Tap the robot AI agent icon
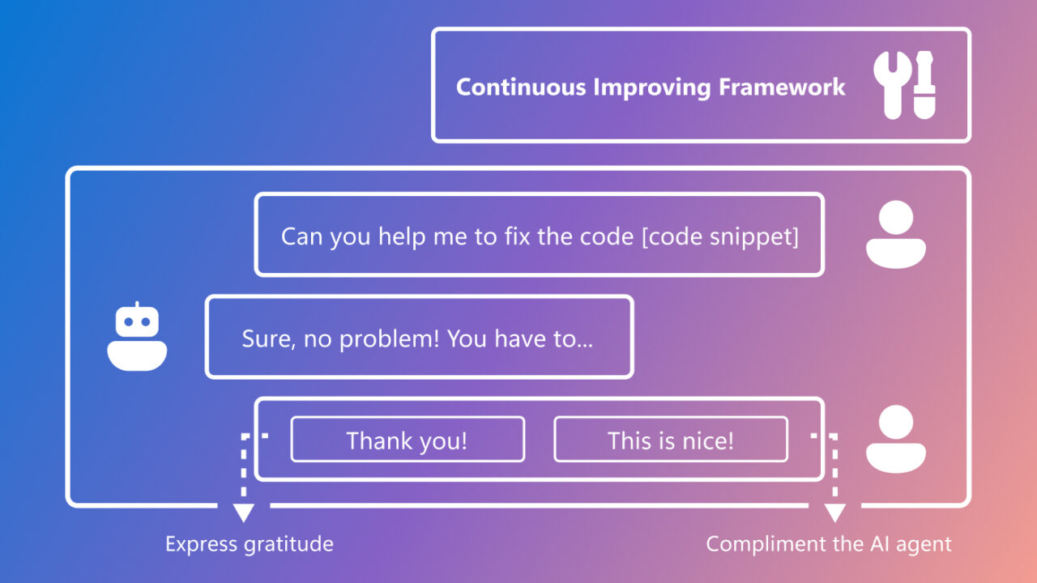coord(137,338)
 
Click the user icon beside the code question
coord(895,234)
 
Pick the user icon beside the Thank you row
coord(895,439)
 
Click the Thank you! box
coord(408,440)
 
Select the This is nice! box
coord(671,440)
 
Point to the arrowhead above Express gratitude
coord(243,513)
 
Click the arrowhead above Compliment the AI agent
coord(834,513)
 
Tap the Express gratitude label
coord(250,543)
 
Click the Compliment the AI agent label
coord(829,543)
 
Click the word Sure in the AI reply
coord(267,338)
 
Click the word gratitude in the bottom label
coord(288,544)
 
